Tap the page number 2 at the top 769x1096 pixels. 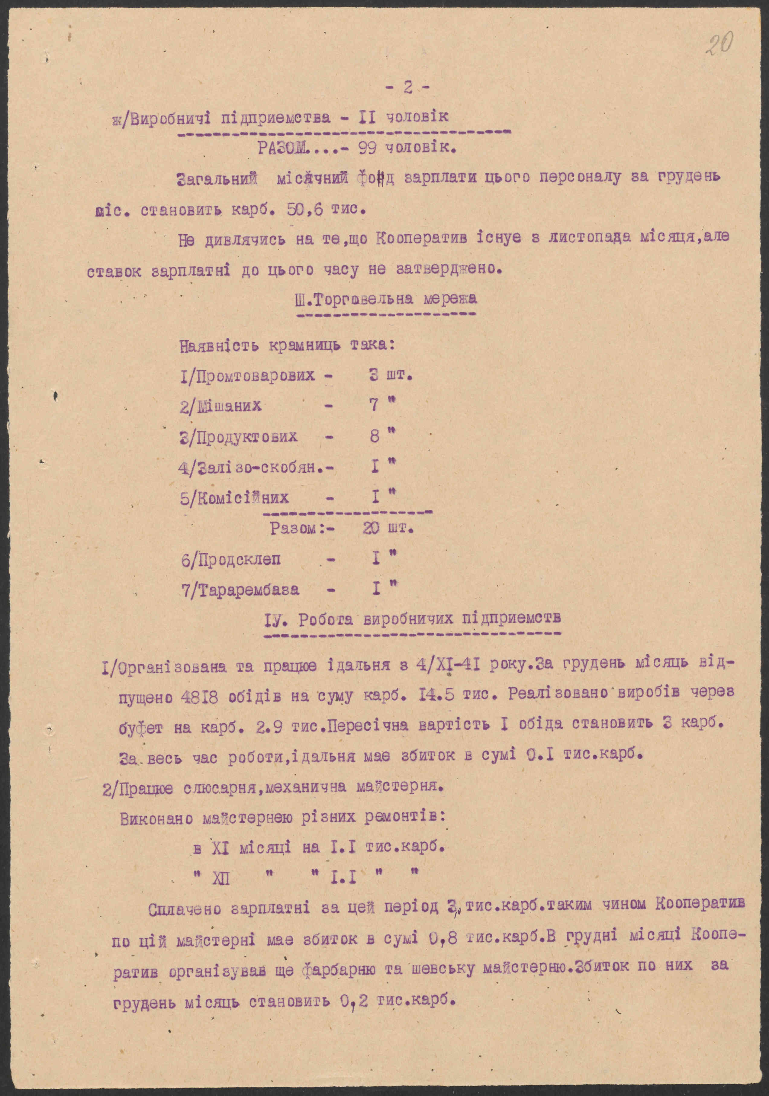[407, 88]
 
